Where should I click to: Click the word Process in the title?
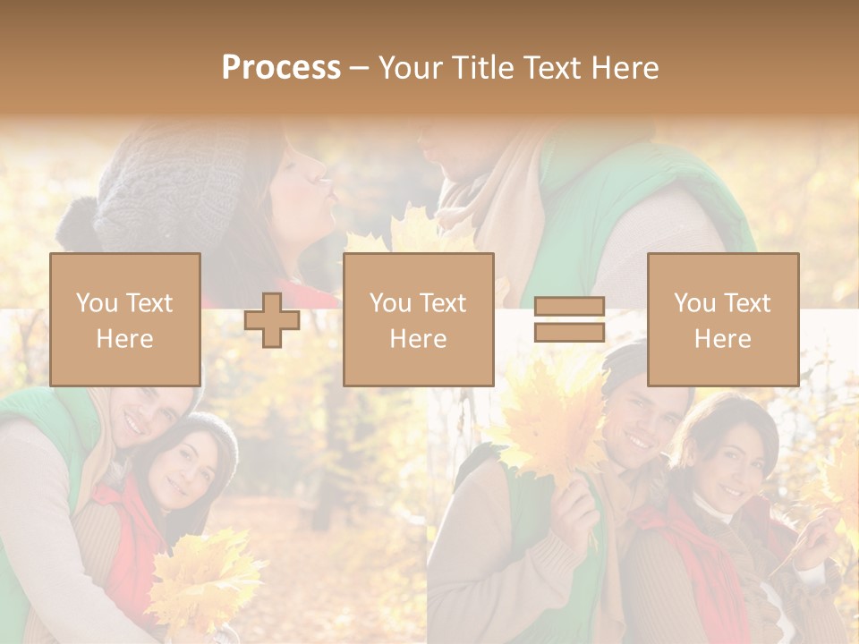(x=281, y=68)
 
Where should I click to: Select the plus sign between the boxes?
(x=272, y=319)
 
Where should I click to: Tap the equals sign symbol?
(x=569, y=319)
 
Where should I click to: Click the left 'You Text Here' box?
(x=124, y=319)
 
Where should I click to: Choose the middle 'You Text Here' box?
(x=418, y=319)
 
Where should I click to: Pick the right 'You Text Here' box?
(x=722, y=319)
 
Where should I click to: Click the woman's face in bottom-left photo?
(x=183, y=474)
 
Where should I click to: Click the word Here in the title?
(x=626, y=68)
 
